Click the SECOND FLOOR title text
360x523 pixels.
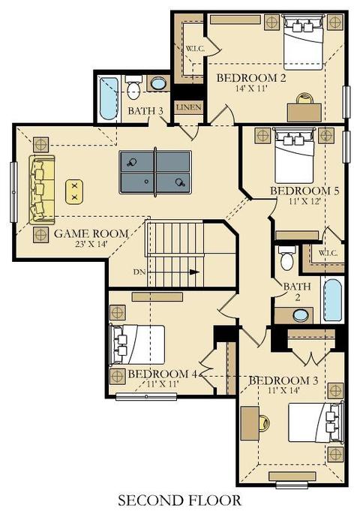pos(180,500)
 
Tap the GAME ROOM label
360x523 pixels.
pos(91,233)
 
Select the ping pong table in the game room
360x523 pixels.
pos(155,172)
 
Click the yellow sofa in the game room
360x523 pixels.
pos(42,189)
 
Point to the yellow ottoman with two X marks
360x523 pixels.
pos(74,192)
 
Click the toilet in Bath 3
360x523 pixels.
pos(133,87)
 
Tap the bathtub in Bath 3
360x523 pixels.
pos(108,99)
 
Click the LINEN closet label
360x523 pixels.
pos(189,107)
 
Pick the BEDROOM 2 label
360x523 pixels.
pos(251,78)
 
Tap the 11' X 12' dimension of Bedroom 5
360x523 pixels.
pos(304,201)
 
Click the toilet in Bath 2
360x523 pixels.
pos(287,258)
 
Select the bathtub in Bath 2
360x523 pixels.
pos(333,300)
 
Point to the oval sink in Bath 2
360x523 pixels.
pos(301,315)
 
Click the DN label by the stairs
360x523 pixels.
pos(139,272)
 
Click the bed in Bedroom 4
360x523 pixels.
pos(137,344)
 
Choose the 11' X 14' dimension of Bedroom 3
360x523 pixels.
pos(283,390)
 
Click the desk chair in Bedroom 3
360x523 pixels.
pos(264,423)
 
